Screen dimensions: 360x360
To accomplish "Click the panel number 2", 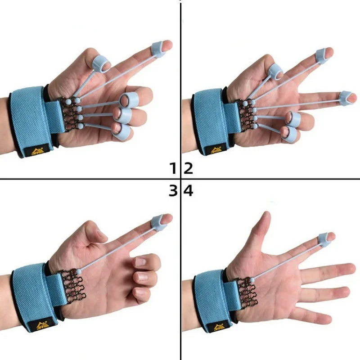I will coord(189,169).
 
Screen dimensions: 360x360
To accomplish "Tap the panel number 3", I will coord(173,191).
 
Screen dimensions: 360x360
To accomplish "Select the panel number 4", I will coord(189,191).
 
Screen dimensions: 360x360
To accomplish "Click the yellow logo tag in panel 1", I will coord(34,150).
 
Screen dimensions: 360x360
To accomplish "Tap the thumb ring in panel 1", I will coord(99,64).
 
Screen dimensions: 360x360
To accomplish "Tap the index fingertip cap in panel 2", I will coord(322,55).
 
